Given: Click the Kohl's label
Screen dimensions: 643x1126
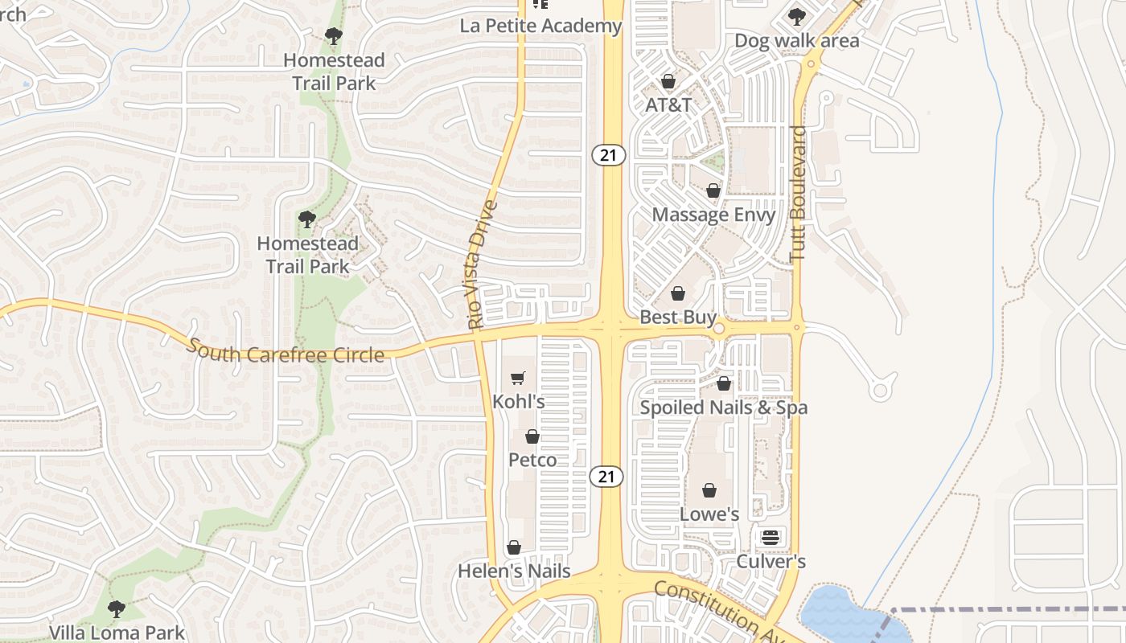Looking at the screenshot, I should (519, 401).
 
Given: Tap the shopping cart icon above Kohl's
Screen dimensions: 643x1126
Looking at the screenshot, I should (518, 378).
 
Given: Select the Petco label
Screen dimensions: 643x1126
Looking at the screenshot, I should (532, 460).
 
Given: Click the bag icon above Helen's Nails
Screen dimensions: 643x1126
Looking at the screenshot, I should (514, 548).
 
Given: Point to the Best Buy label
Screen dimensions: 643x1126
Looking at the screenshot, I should (678, 317).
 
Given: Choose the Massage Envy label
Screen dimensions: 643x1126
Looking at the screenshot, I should (713, 215).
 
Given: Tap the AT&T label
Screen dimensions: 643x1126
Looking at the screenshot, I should (668, 104).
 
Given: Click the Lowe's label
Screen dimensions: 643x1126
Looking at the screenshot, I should (709, 514).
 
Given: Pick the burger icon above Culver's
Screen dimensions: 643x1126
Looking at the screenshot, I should (771, 537).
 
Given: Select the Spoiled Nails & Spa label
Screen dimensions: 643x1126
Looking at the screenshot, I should (723, 408).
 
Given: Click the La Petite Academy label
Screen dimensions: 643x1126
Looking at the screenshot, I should (540, 26).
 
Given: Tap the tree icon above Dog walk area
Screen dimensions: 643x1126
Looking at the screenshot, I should (796, 16).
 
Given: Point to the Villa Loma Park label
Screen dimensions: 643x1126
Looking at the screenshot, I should (117, 633).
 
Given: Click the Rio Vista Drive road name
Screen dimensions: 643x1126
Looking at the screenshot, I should (482, 265).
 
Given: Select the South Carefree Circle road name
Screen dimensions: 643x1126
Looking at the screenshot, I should (286, 351).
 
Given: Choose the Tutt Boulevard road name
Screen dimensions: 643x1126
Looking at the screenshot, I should (798, 193).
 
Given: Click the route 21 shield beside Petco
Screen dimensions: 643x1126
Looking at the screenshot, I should (606, 476).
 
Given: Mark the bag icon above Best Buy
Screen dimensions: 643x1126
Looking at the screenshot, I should (678, 293).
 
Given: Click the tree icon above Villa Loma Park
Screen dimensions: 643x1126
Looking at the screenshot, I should (117, 608).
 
